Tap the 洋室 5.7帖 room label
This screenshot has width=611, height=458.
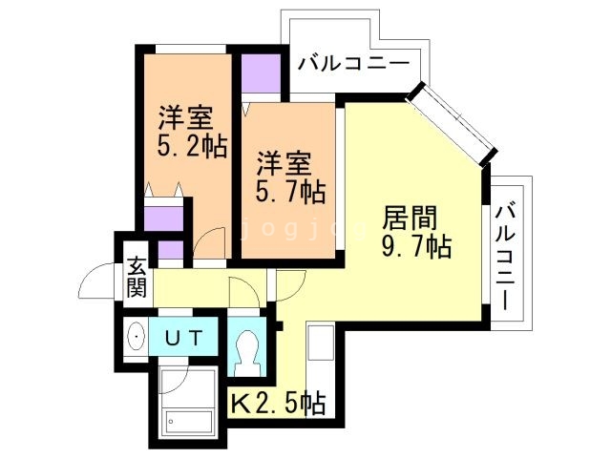tap(288, 177)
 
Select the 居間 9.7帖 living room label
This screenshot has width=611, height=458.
tap(417, 230)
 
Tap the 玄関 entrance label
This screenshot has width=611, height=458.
tap(137, 276)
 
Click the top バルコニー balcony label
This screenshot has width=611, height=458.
tap(353, 64)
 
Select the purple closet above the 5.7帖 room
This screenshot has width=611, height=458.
tap(261, 73)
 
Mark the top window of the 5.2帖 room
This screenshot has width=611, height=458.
tap(191, 48)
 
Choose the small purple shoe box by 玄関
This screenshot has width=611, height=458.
tap(172, 253)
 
